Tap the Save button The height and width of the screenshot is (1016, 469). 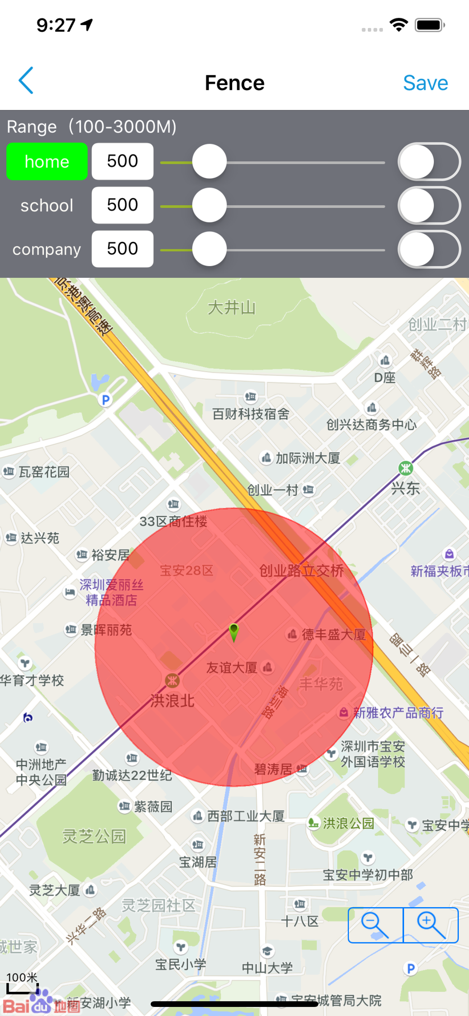pos(425,83)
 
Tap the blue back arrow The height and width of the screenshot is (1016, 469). pos(26,81)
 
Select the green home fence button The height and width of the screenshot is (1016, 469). pos(47,161)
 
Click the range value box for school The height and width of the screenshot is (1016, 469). pos(122,205)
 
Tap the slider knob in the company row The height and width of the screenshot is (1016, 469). pos(209,249)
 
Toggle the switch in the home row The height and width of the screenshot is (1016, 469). pos(429,162)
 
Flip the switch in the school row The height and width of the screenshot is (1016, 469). pos(429,206)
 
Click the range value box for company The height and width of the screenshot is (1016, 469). pos(122,249)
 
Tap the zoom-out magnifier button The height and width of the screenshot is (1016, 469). pos(375,925)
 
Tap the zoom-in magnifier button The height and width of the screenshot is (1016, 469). pos(431,925)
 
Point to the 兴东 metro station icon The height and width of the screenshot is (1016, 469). pos(406,468)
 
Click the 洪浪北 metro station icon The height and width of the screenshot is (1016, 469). pos(172,680)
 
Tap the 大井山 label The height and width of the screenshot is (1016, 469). pos(232,308)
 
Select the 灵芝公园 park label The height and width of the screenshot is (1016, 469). pos(94,835)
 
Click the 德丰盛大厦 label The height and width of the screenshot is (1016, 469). pos(333,635)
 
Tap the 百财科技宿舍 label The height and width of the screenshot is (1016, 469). pos(251,414)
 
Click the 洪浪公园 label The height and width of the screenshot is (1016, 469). pos(349,823)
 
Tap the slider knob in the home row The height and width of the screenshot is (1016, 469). pos(209,162)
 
